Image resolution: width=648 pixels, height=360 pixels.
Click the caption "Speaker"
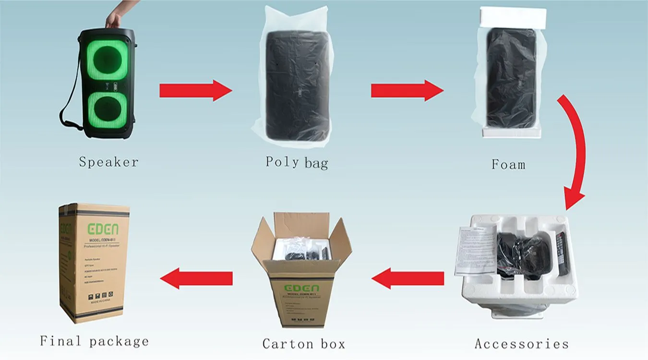point(108,162)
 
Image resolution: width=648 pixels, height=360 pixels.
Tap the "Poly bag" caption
point(297,162)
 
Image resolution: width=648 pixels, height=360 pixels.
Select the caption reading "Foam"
point(508,165)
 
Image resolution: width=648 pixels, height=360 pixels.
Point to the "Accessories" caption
point(521,344)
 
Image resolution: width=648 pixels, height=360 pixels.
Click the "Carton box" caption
point(303,344)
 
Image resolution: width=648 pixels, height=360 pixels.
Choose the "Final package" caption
point(94,341)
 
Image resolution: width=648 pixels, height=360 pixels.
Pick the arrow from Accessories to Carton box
point(408,278)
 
